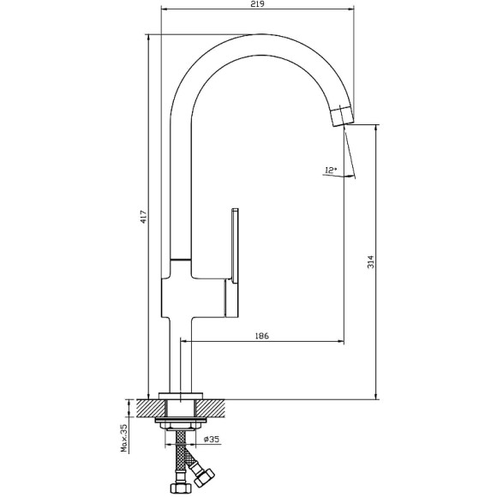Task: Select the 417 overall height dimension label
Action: tap(144, 217)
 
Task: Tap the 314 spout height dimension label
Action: tap(370, 262)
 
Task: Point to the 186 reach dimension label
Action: tap(262, 335)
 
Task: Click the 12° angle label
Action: tap(330, 171)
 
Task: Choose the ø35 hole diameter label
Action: tap(211, 440)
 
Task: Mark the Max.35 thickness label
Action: tap(124, 439)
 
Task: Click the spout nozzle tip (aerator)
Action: tap(342, 116)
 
